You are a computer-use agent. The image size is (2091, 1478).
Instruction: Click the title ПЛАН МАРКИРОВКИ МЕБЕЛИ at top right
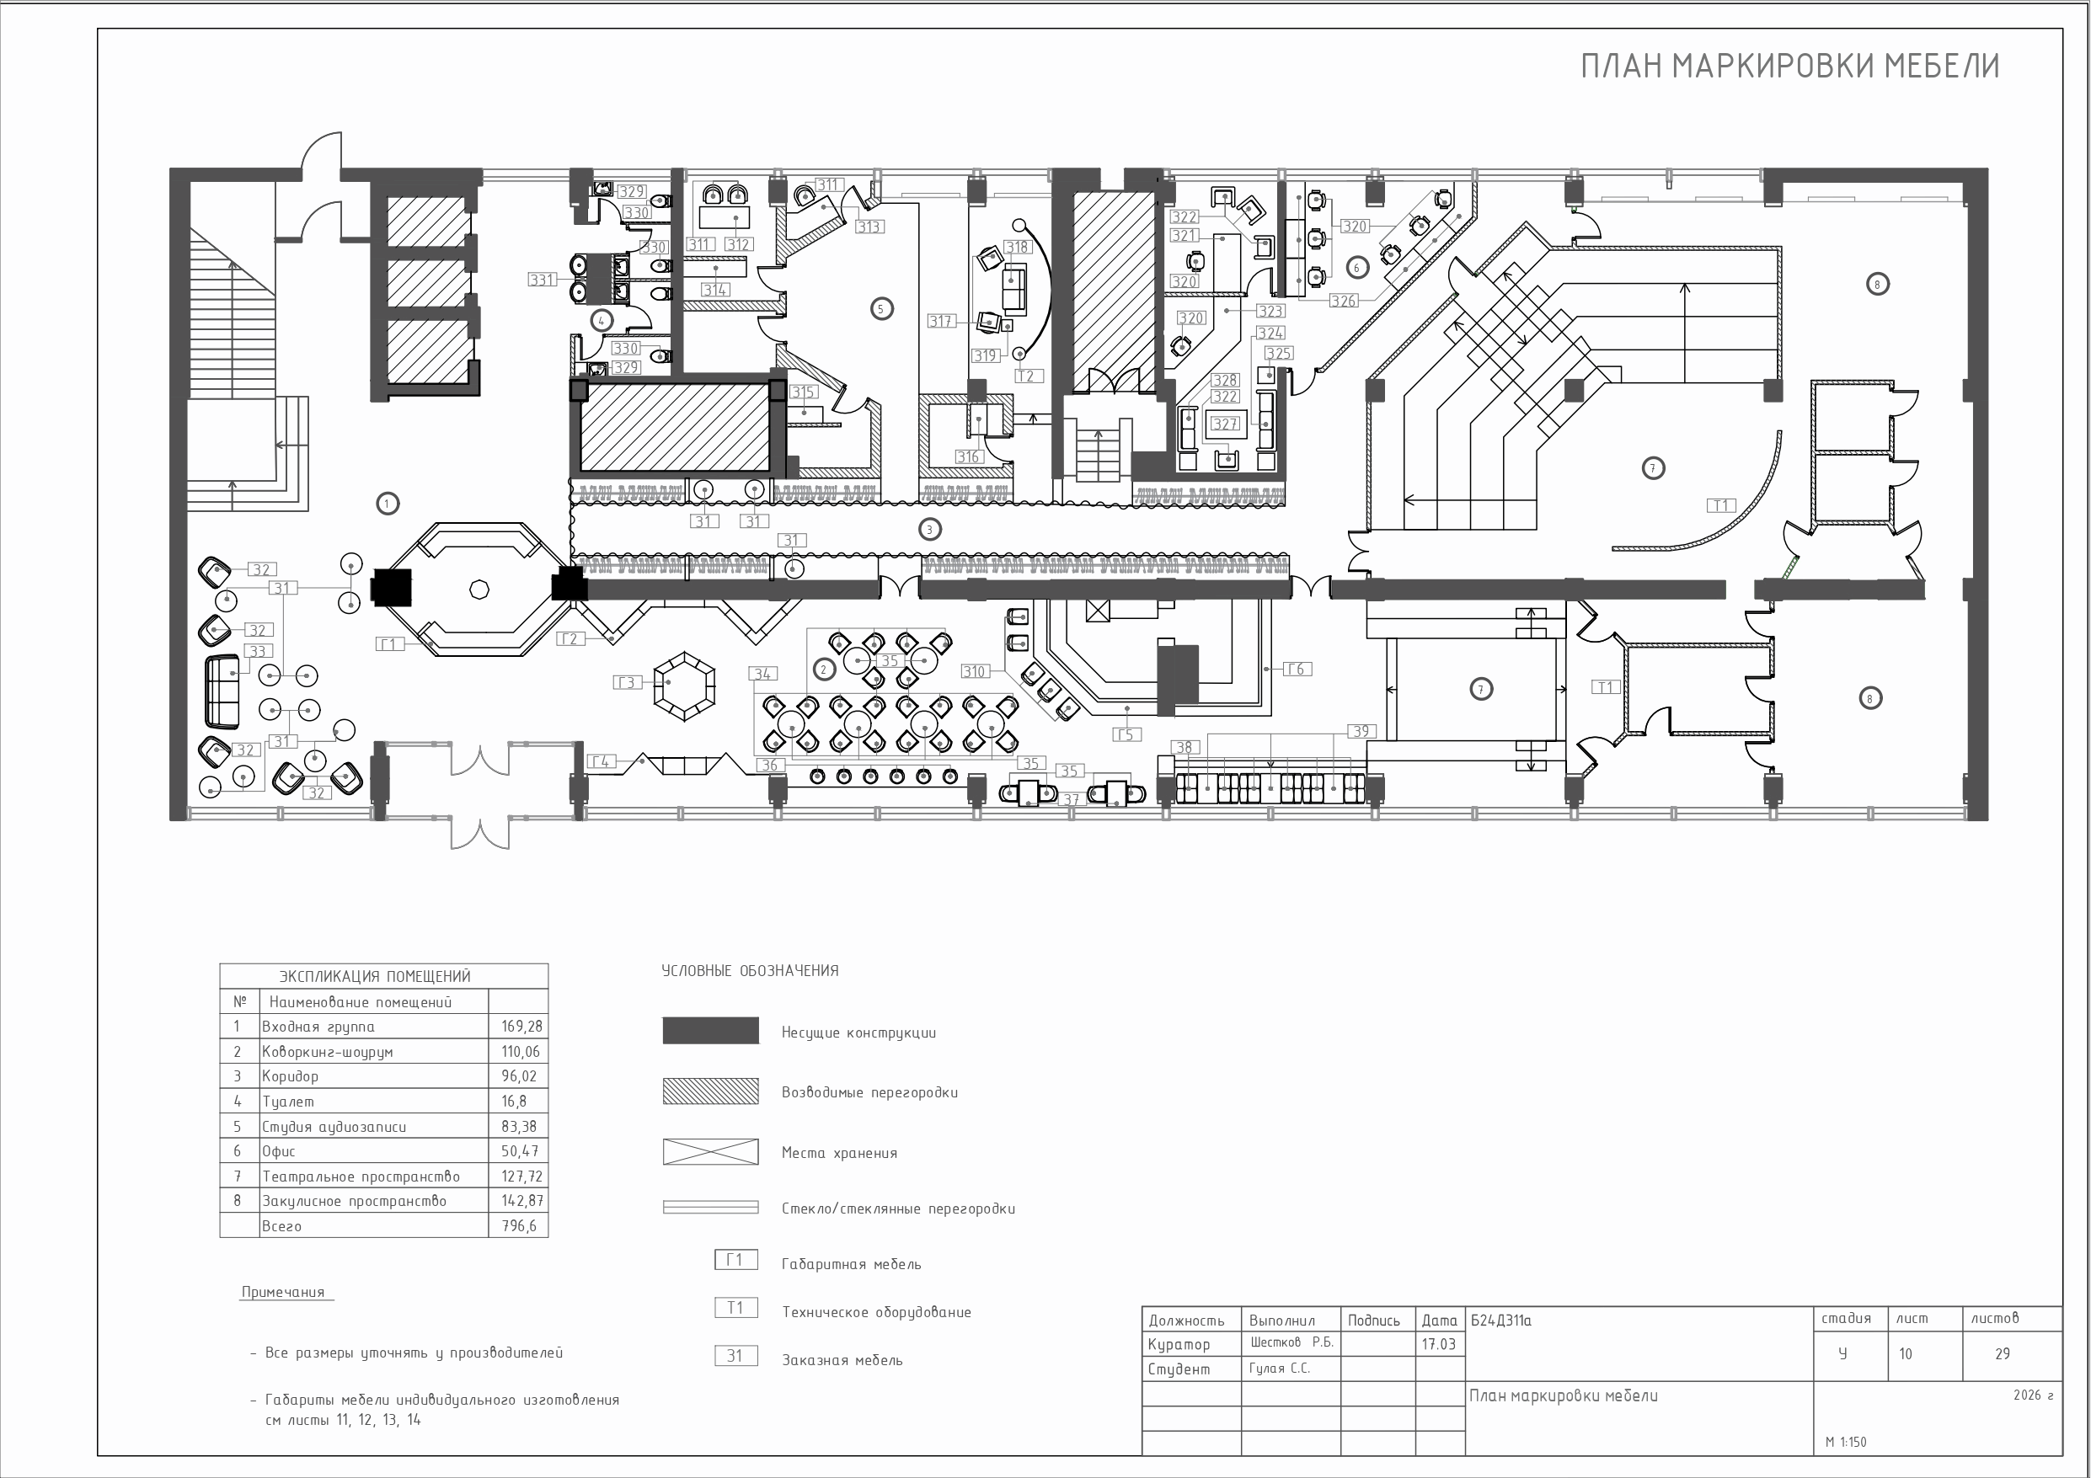pos(1789,67)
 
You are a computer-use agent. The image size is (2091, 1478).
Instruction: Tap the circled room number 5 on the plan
pos(880,309)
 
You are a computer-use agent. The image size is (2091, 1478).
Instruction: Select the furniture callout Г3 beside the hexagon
pos(627,682)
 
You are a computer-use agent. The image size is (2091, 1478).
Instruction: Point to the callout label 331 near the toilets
pos(542,280)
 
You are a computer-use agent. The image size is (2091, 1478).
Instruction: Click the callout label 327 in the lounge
pos(1225,424)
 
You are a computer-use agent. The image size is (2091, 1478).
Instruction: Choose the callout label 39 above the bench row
pos(1361,731)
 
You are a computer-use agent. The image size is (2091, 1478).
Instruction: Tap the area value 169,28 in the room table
pos(521,1027)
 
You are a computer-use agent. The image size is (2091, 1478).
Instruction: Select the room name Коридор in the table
pos(291,1076)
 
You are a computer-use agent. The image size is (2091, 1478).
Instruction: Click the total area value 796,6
pos(519,1225)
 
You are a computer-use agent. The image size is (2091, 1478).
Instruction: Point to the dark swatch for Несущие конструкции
pos(710,1030)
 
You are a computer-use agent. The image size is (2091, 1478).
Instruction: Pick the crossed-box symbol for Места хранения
pos(710,1151)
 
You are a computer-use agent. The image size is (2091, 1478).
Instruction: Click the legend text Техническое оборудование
pos(876,1312)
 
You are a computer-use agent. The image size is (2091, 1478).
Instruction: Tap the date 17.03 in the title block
pos(1439,1344)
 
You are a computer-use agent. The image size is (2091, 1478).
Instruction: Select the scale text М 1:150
pos(1845,1443)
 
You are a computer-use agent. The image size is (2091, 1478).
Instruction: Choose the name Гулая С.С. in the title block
pos(1280,1369)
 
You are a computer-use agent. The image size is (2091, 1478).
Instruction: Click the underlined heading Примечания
pos(283,1292)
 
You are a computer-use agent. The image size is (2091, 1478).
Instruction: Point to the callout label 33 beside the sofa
pos(258,651)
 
